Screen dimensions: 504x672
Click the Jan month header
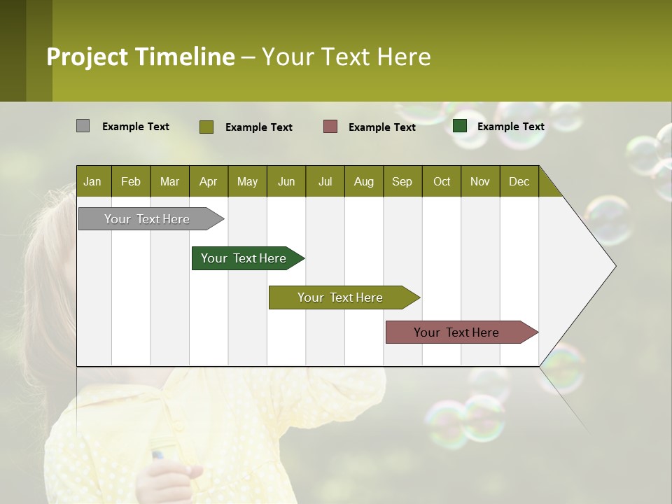92,181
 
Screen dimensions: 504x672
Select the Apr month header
208,181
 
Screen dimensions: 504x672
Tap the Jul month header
325,181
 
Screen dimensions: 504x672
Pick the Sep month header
402,181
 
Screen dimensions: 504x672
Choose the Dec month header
519,181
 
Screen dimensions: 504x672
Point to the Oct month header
442,181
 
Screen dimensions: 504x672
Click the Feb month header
131,181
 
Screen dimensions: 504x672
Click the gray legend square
83,126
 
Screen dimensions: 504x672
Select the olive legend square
206,127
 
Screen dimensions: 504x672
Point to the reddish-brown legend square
330,127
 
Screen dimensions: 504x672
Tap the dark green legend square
460,126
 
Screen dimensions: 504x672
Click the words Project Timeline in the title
141,57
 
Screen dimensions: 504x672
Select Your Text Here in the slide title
346,57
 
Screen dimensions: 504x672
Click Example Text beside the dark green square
510,126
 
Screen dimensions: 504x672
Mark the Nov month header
480,181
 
